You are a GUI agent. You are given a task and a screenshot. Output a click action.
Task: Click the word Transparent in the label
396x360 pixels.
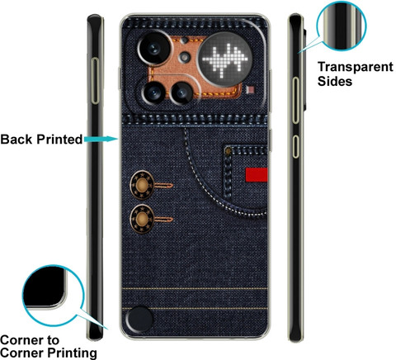[356, 67]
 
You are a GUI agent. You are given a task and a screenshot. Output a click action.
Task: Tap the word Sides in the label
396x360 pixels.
[335, 81]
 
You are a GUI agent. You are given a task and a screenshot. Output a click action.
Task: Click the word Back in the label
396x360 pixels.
[16, 140]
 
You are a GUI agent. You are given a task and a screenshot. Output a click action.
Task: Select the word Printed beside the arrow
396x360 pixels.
[59, 140]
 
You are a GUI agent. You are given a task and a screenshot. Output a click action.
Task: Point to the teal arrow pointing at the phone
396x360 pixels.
[101, 139]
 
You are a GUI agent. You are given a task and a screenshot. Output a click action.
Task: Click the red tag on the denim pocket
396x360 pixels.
[257, 175]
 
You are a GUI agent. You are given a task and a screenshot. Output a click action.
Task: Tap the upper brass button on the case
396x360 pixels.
[142, 185]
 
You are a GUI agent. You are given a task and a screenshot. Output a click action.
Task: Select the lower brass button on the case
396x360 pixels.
[142, 219]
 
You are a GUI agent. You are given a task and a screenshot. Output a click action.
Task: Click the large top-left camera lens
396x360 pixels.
[154, 49]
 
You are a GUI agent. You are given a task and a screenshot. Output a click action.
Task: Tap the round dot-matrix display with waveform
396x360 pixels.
[225, 59]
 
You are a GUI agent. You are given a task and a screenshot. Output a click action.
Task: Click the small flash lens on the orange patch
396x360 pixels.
[184, 57]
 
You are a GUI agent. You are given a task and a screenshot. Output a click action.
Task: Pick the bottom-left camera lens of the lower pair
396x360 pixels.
[153, 92]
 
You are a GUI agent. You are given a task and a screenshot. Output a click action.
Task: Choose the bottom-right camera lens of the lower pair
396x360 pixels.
[181, 93]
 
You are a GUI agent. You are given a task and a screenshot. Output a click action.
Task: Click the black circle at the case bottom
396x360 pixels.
[139, 320]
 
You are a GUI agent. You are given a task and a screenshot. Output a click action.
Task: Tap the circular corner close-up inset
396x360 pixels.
[52, 296]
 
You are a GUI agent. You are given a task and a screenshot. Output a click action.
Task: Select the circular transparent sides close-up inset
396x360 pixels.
[342, 26]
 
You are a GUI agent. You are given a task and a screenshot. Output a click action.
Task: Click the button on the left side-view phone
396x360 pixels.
[95, 81]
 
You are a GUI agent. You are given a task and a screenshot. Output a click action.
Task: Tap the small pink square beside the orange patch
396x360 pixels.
[251, 90]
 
